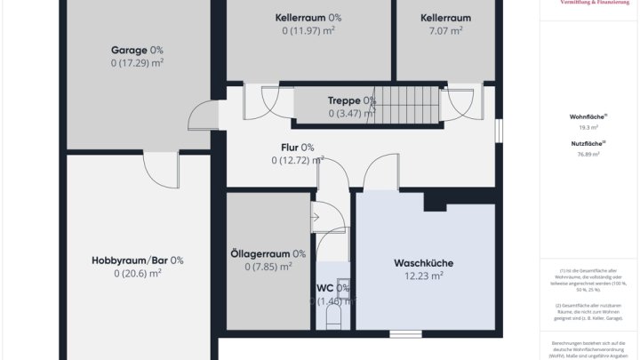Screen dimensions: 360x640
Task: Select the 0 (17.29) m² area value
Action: click(x=137, y=63)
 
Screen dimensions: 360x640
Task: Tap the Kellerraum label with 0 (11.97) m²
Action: click(x=308, y=17)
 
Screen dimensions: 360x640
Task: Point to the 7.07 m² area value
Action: click(x=445, y=30)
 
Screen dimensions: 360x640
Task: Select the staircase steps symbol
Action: click(x=408, y=104)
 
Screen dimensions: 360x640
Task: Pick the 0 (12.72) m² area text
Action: click(x=297, y=161)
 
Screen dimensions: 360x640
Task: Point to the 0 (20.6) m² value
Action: click(x=137, y=274)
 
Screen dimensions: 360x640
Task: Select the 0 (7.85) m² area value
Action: click(x=268, y=267)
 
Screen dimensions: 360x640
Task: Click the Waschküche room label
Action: click(x=423, y=263)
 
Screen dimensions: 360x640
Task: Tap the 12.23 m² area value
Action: click(x=423, y=276)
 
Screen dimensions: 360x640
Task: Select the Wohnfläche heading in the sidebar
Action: click(x=588, y=116)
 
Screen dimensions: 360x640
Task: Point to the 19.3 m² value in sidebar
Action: click(x=588, y=127)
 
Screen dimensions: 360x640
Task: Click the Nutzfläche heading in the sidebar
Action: click(x=588, y=143)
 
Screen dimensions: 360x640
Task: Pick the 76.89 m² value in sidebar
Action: click(x=588, y=154)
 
